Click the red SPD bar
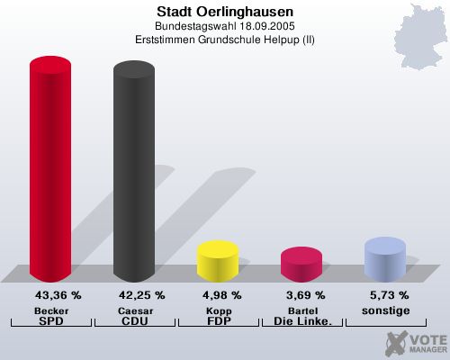tap(50, 171)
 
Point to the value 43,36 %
tap(58, 295)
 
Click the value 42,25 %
tap(141, 295)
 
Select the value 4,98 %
tap(221, 295)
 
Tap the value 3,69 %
tap(305, 295)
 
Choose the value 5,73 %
tap(389, 295)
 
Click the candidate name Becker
tap(50, 310)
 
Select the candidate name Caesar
tap(134, 310)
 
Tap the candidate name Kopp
tap(218, 310)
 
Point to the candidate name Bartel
tap(301, 310)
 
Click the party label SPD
tap(50, 320)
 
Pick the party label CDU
tap(134, 320)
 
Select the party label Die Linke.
tap(301, 320)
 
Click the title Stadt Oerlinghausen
tap(224, 11)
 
